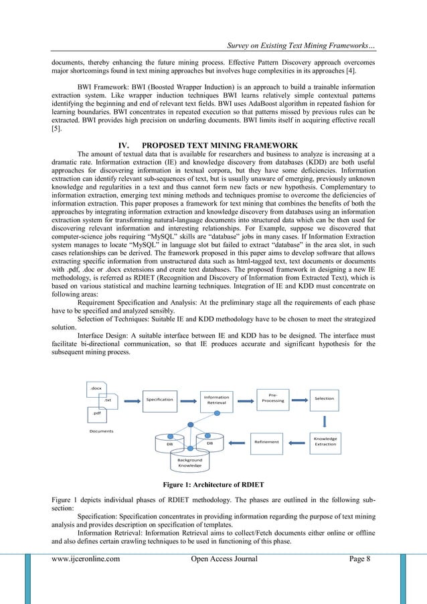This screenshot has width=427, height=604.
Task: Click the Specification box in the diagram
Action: pos(159,399)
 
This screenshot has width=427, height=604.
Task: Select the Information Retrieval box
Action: pos(216,400)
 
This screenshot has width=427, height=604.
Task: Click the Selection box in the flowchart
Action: pos(325,398)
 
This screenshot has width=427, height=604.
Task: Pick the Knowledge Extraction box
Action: pos(325,441)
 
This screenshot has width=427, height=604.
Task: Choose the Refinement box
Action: pos(266,441)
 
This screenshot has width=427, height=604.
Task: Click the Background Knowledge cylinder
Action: pos(189,463)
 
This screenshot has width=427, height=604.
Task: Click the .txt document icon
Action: pos(107,400)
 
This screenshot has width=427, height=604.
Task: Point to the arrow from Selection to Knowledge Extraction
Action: pos(325,420)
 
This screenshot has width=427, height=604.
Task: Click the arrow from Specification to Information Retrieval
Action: pos(187,400)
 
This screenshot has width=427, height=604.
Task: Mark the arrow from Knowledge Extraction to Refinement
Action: pos(297,441)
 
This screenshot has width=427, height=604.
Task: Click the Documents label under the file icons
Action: pos(101,431)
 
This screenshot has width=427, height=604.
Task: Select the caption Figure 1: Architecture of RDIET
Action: pos(213,484)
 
